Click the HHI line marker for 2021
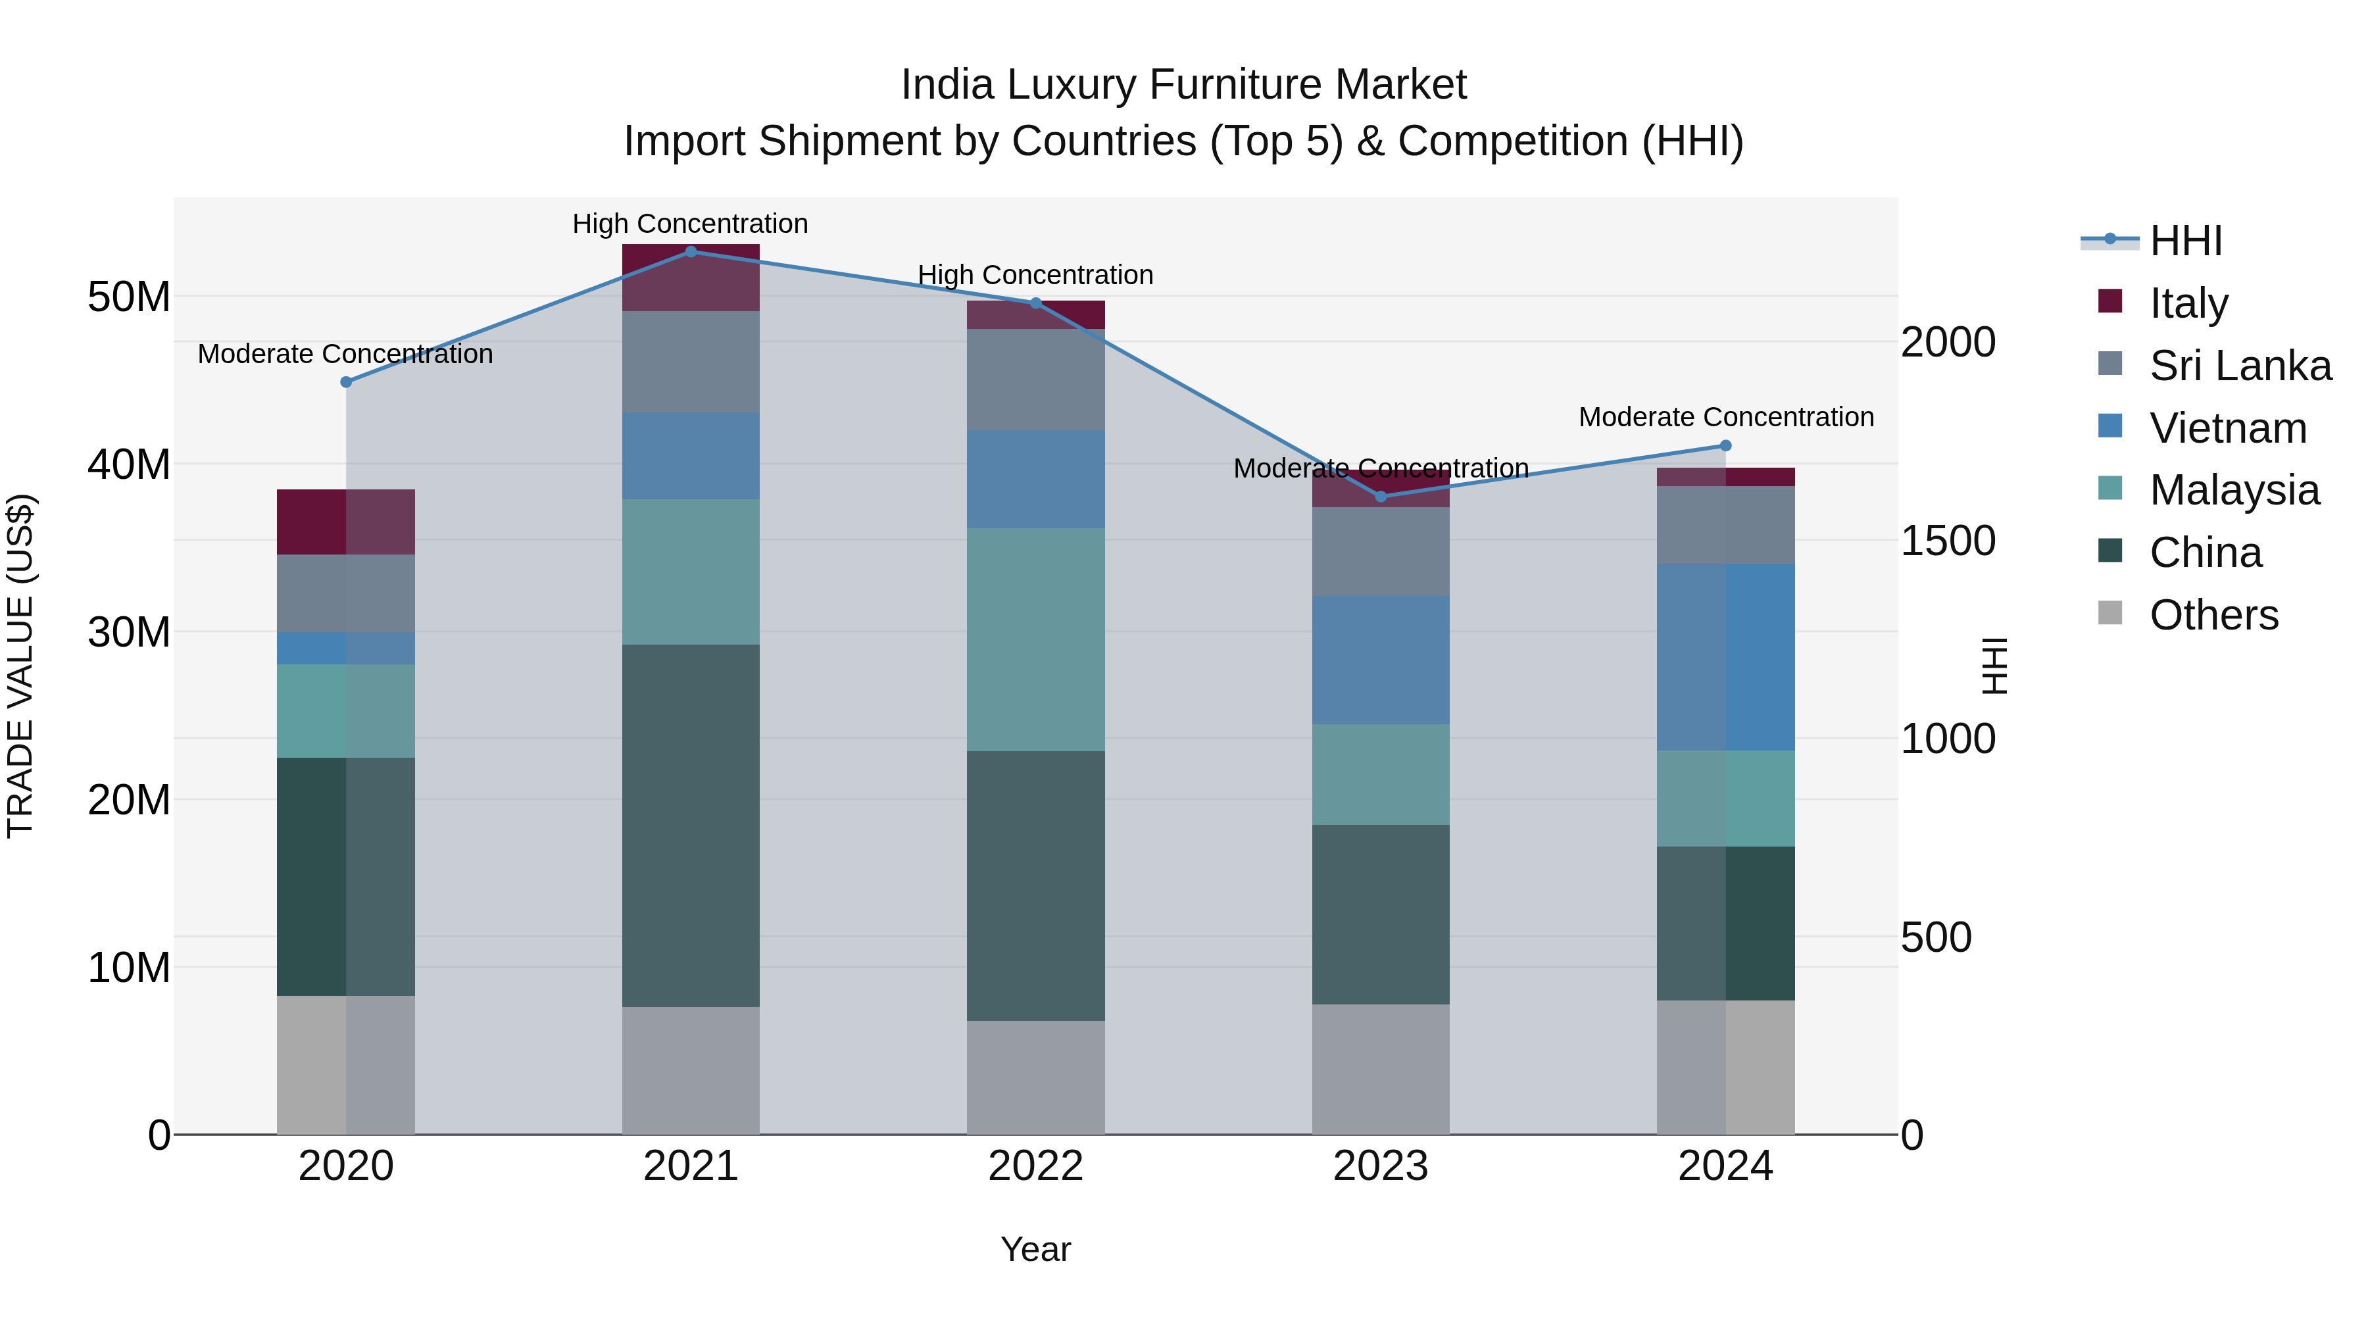pyautogui.click(x=691, y=252)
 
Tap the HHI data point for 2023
pyautogui.click(x=1381, y=497)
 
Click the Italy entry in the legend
pyautogui.click(x=2188, y=303)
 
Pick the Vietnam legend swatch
pyautogui.click(x=2111, y=426)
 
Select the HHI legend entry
pyautogui.click(x=2186, y=241)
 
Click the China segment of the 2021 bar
pyautogui.click(x=691, y=826)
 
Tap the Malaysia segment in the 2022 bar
pyautogui.click(x=1036, y=640)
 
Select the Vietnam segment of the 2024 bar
pyautogui.click(x=1725, y=657)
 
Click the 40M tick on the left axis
pyautogui.click(x=129, y=465)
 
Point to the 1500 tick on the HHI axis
pyautogui.click(x=1948, y=541)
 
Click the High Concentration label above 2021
pyautogui.click(x=691, y=224)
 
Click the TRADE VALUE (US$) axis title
pyautogui.click(x=21, y=666)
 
